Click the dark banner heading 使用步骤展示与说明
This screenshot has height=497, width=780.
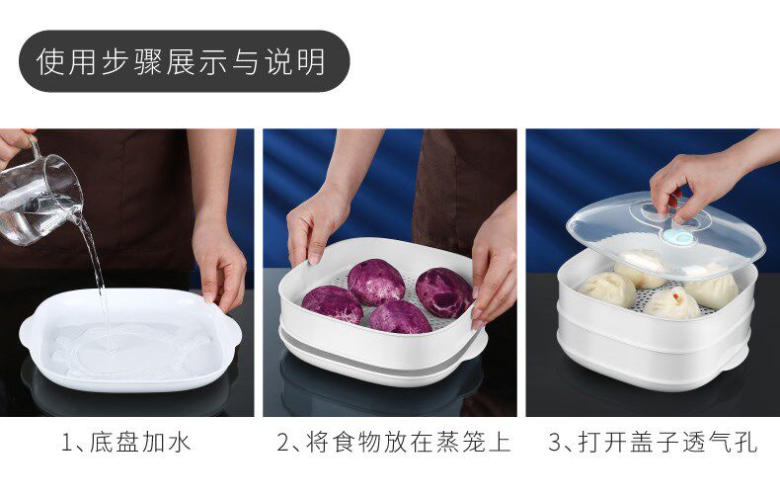tap(184, 61)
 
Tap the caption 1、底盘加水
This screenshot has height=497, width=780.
tap(126, 443)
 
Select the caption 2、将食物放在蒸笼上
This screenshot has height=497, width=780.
tap(394, 443)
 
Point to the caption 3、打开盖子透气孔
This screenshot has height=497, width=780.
tap(654, 443)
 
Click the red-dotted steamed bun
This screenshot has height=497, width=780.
tap(672, 303)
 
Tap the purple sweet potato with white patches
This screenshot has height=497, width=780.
tap(443, 292)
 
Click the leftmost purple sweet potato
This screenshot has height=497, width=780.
tap(333, 304)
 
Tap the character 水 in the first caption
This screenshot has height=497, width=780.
tap(179, 443)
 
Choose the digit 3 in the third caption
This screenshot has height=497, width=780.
tap(554, 443)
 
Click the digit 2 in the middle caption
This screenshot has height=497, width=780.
tap(282, 443)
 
